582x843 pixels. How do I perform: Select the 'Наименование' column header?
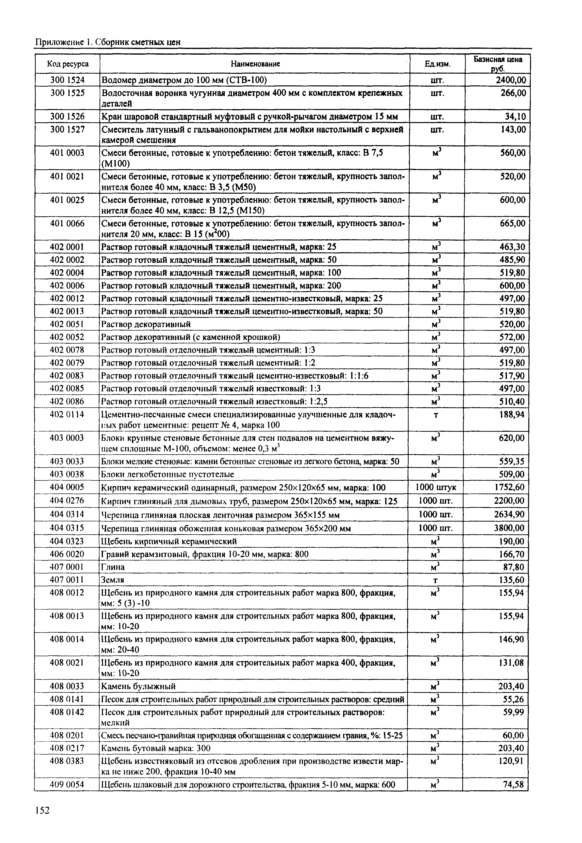pos(255,64)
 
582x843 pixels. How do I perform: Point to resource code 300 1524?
pos(67,80)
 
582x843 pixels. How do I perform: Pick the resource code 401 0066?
pos(67,223)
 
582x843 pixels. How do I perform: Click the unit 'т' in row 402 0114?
pos(436,415)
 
